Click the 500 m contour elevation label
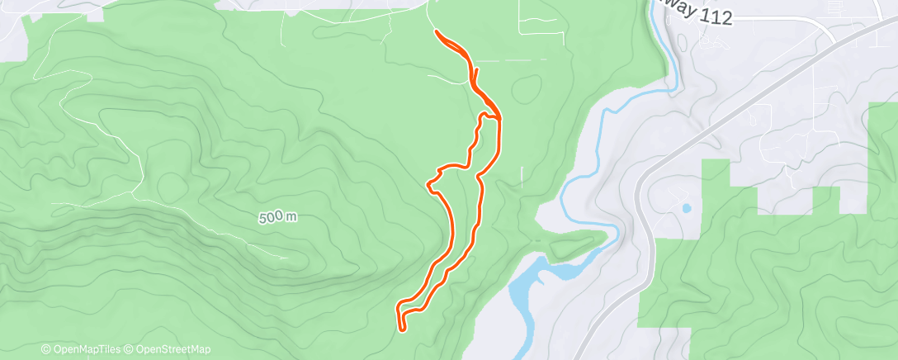coord(277,218)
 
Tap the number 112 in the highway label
coord(715,17)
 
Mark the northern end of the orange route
coord(435,32)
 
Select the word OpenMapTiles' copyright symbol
coord(45,349)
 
